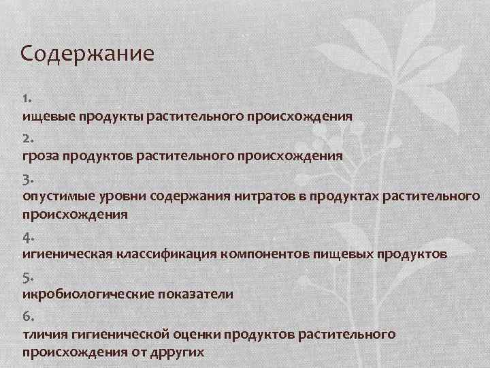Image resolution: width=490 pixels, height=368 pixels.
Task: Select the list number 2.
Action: (x=27, y=138)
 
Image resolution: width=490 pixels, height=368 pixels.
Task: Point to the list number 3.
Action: (x=27, y=179)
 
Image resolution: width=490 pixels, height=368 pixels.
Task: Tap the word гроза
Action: (x=41, y=155)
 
